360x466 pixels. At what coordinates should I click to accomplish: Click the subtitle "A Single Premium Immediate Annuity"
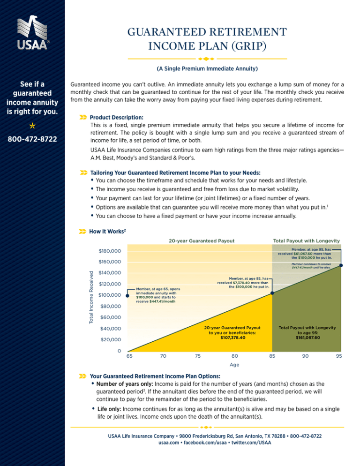[x=207, y=69]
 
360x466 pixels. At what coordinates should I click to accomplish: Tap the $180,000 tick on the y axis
[x=110, y=251]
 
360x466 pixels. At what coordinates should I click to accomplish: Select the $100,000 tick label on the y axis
[x=110, y=295]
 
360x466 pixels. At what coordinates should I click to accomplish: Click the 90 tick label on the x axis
[x=305, y=356]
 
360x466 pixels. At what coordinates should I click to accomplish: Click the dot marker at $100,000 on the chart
[x=121, y=295]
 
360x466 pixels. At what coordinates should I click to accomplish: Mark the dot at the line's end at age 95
[x=341, y=266]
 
